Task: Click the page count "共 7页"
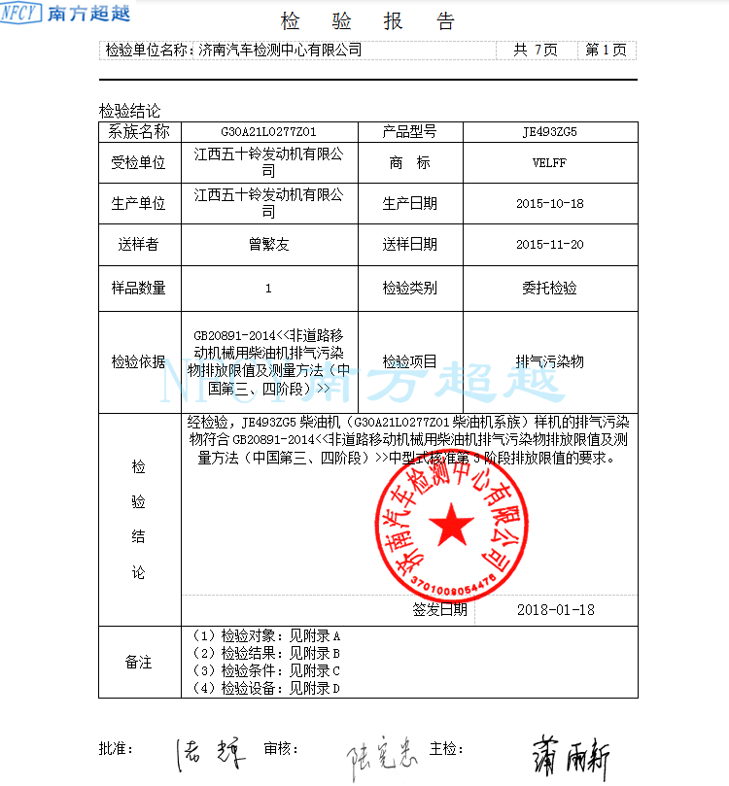pyautogui.click(x=535, y=50)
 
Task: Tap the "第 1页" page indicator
pyautogui.click(x=605, y=50)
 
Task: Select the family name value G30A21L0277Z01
pyautogui.click(x=269, y=131)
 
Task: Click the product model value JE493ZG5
pyautogui.click(x=550, y=131)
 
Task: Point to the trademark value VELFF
pyautogui.click(x=550, y=163)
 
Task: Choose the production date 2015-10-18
pyautogui.click(x=550, y=204)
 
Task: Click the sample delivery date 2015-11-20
pyautogui.click(x=550, y=245)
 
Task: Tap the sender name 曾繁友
pyautogui.click(x=269, y=245)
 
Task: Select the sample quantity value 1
pyautogui.click(x=269, y=288)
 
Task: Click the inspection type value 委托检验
pyautogui.click(x=550, y=288)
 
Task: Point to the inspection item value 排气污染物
pyautogui.click(x=550, y=361)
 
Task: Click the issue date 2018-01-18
pyautogui.click(x=556, y=610)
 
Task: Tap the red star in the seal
pyautogui.click(x=451, y=528)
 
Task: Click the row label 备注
pyautogui.click(x=139, y=663)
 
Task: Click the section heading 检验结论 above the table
pyautogui.click(x=129, y=111)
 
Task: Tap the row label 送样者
pyautogui.click(x=139, y=245)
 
